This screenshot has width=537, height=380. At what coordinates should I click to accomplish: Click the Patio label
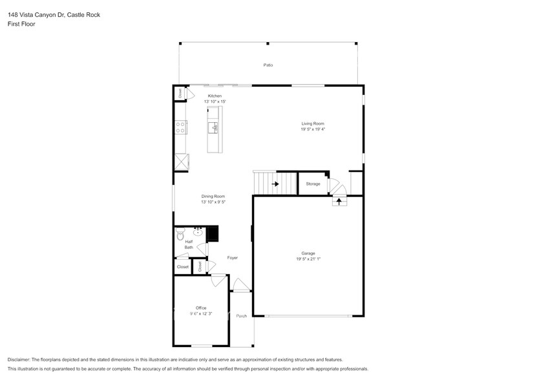(x=268, y=65)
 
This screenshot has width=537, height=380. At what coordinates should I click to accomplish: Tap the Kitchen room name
(x=215, y=96)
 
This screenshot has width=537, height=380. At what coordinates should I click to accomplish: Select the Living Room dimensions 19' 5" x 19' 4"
(x=312, y=129)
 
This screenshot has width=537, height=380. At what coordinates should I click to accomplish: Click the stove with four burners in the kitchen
(x=180, y=127)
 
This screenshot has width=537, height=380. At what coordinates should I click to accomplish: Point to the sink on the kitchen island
(x=215, y=127)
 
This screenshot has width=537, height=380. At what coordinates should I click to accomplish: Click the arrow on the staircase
(x=275, y=184)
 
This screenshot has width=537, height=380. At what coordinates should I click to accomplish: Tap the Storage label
(x=313, y=184)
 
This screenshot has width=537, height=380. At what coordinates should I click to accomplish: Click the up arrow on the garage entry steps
(x=339, y=201)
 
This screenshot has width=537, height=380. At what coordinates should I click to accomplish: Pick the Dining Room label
(x=213, y=196)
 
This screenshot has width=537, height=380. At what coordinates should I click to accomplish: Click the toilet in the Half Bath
(x=181, y=237)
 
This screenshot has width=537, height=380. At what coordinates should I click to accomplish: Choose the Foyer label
(x=232, y=258)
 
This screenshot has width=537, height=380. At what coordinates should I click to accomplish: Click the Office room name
(x=201, y=308)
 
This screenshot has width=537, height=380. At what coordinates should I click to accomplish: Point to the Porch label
(x=242, y=316)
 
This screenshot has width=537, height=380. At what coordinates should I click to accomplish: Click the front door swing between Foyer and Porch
(x=240, y=285)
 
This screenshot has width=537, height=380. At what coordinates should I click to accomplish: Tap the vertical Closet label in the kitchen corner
(x=180, y=94)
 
